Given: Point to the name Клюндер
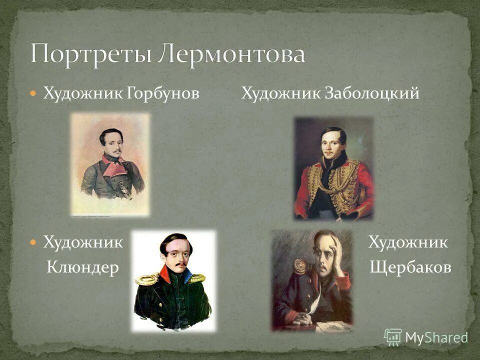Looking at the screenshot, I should (x=82, y=268).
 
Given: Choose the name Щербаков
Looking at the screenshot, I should (x=410, y=268).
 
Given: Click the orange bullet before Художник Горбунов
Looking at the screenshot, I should (x=33, y=93).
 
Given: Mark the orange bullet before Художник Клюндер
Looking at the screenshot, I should (x=33, y=243).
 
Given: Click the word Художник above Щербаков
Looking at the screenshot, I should (x=408, y=243).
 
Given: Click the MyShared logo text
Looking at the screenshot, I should (x=436, y=337).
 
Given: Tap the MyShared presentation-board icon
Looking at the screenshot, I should (x=393, y=337).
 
